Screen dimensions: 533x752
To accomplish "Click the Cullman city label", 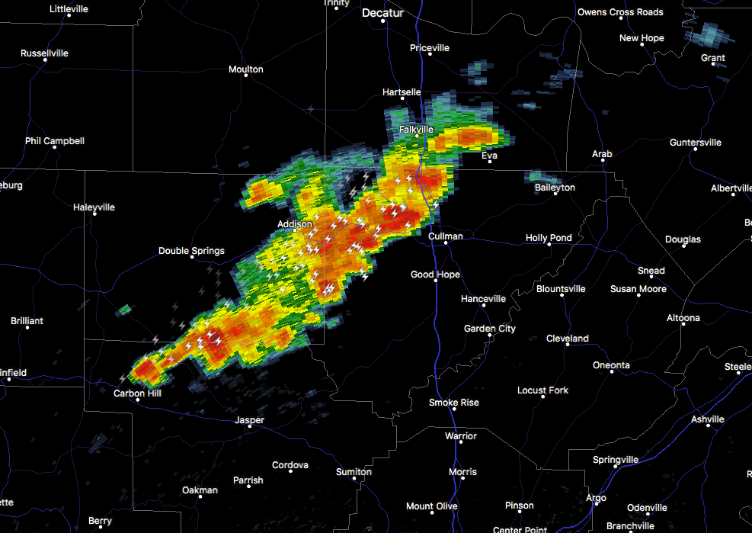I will [x=445, y=236].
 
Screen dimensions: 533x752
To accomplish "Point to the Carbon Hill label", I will [x=137, y=393].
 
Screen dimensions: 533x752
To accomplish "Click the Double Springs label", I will [x=191, y=251].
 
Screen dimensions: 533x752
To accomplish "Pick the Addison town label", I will [x=294, y=224].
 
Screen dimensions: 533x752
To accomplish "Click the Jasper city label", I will [x=249, y=420].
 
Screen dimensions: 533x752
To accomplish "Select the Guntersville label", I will [x=695, y=143].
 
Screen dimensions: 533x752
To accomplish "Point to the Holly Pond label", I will [x=549, y=238].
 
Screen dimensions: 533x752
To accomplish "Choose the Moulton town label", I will [x=245, y=69].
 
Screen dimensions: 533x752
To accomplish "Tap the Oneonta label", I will [x=611, y=365].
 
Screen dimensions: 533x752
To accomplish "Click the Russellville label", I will [x=44, y=53].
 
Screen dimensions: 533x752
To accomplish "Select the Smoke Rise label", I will [x=453, y=403].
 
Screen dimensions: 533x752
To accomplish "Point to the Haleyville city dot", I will [x=94, y=214].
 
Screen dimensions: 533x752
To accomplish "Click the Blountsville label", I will [x=561, y=289].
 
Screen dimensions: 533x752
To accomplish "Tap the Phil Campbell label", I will [x=54, y=141].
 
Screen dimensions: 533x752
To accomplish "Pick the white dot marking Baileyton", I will [x=555, y=194].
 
